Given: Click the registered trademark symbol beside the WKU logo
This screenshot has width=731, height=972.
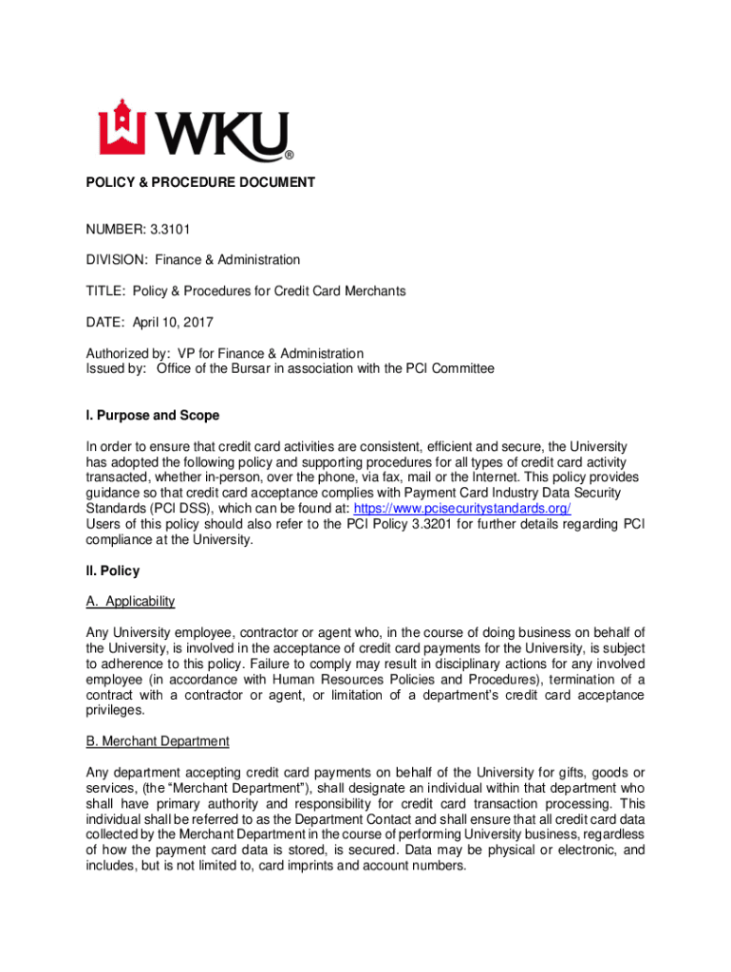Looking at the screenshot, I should tap(289, 155).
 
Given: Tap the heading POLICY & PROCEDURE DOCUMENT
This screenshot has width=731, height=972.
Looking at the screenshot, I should tap(200, 181).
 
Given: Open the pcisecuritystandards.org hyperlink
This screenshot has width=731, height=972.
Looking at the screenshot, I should tap(462, 509).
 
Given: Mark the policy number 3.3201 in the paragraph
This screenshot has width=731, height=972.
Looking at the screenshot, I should tap(409, 524).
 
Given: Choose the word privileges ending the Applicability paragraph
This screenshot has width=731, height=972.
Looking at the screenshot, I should tap(116, 710).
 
